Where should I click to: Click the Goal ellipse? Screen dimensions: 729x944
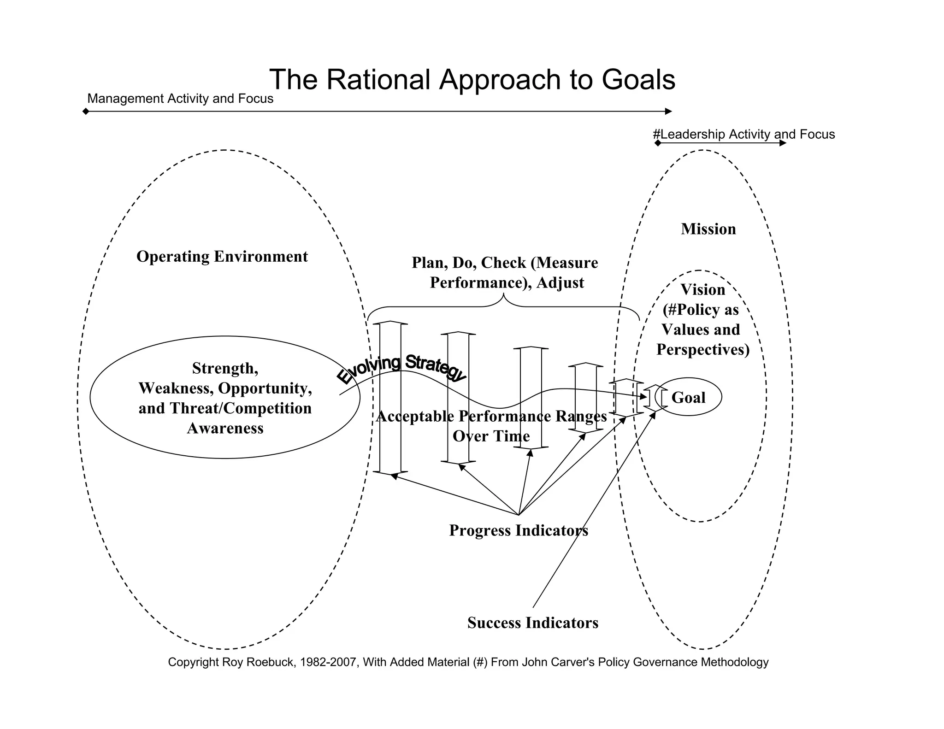688,397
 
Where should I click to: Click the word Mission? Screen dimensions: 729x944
708,229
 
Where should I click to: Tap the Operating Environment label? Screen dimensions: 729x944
222,257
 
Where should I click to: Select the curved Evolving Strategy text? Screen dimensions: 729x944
401,369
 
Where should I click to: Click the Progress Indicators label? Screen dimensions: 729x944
518,530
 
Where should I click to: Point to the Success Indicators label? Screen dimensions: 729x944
532,623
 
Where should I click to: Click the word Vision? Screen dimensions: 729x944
702,290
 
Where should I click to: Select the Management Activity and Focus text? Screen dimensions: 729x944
180,99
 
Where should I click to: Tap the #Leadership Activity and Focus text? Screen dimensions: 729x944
743,134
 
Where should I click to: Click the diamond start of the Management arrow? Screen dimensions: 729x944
86,112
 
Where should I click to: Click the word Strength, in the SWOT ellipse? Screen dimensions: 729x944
225,368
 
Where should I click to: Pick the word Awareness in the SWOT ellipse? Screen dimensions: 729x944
225,428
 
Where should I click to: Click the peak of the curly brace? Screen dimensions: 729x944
503,296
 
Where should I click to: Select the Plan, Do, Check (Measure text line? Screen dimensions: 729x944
504,263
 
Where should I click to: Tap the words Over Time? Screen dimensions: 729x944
491,436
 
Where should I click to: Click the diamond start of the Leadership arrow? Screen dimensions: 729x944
658,143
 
